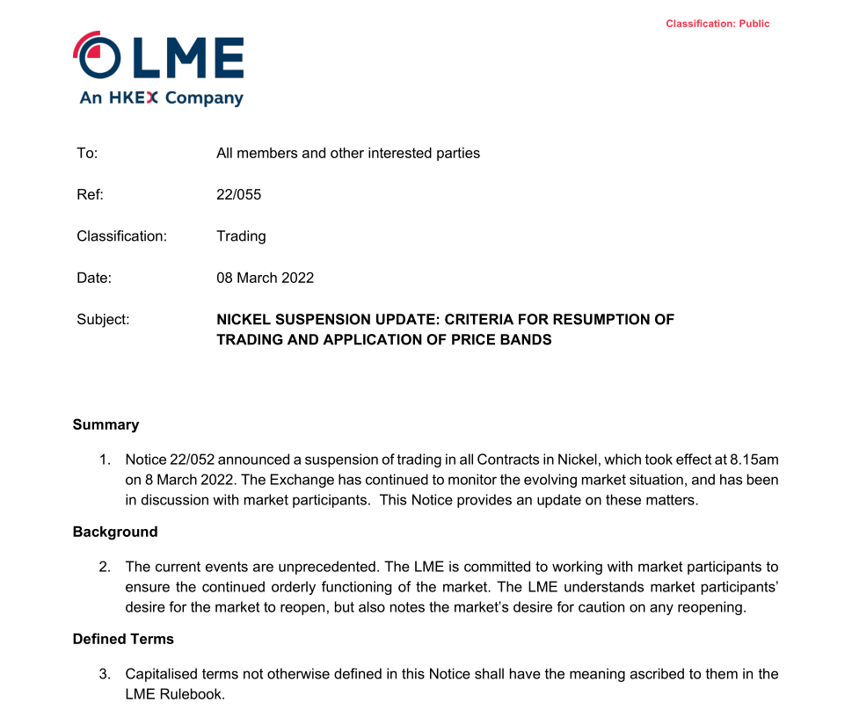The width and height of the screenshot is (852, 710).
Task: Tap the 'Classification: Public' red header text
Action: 717,24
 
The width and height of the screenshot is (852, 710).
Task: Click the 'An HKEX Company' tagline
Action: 161,98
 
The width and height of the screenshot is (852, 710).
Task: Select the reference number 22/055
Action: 238,194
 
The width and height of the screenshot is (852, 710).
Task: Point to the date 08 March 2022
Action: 265,278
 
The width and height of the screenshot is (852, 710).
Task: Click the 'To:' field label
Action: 87,153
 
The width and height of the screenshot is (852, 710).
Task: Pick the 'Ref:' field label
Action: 90,194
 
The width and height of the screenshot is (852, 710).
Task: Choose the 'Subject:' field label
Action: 103,320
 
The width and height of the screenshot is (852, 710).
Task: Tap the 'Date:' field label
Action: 94,278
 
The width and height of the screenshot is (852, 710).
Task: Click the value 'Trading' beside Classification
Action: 241,235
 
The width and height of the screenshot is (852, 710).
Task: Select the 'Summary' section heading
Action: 106,424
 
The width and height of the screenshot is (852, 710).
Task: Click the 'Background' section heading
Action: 115,532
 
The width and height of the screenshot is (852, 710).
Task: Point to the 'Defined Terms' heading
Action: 123,639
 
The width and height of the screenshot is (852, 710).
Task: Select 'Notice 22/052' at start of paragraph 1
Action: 168,460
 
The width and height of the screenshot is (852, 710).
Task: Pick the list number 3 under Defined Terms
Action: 104,674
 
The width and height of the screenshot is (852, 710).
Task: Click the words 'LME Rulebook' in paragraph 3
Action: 173,693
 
